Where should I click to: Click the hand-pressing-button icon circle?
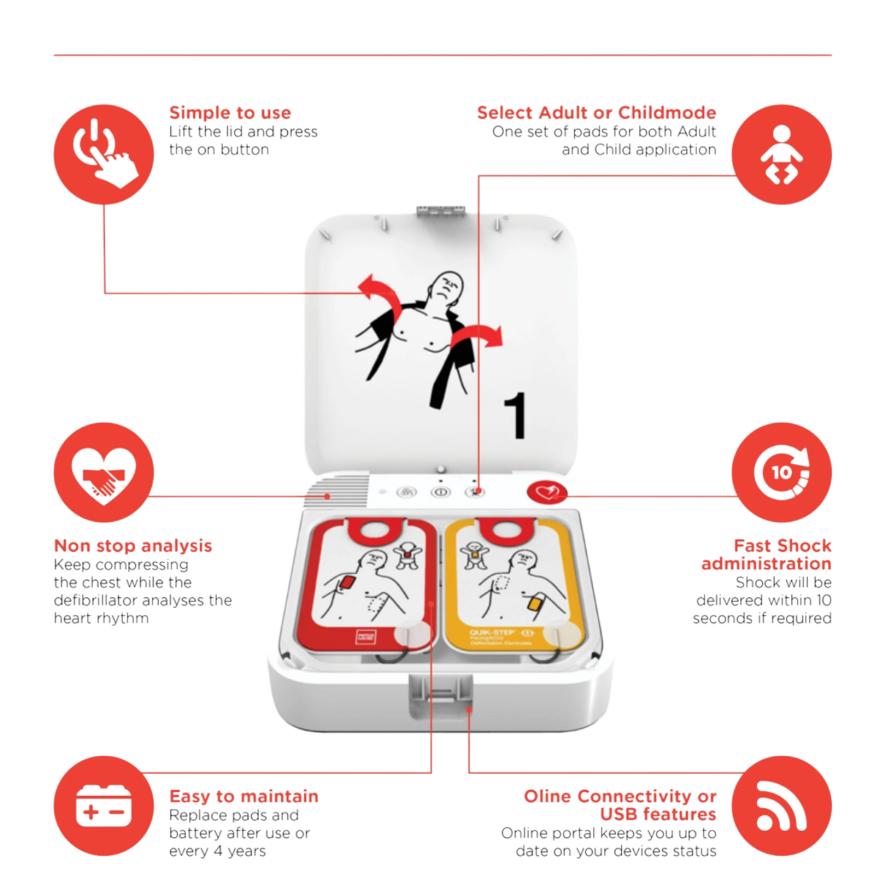point(103,153)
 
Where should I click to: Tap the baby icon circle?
point(781,153)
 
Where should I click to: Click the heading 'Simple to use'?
point(230,113)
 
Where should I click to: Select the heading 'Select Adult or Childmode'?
point(596,113)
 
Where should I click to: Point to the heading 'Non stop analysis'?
point(133,546)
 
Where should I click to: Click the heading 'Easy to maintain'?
point(244,796)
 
